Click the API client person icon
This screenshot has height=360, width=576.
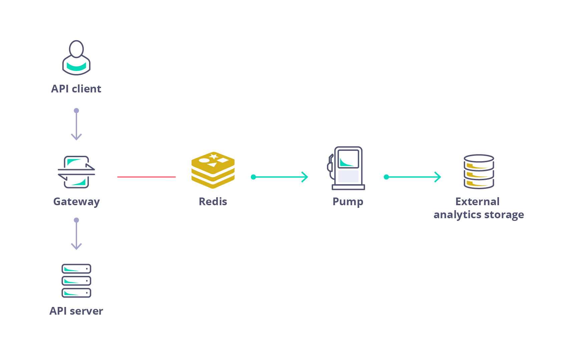pos(76,58)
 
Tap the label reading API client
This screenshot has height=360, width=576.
pos(76,89)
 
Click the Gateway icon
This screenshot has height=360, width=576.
pos(76,172)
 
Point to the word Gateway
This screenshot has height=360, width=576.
pos(76,202)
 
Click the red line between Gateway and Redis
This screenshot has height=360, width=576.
pos(146,177)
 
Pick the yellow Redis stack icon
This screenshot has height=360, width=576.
pos(213,170)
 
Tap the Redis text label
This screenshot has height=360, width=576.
pos(213,202)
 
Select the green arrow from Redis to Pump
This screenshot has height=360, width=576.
pos(280,177)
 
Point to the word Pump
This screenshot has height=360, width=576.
pos(348,202)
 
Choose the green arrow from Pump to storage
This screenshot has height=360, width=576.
pos(413,177)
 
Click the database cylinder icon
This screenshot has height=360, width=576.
pos(479,171)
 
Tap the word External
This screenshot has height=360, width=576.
pos(477,202)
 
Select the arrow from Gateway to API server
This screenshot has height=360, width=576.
pos(76,234)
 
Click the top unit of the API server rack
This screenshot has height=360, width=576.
pos(76,269)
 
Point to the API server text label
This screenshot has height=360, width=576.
pos(76,311)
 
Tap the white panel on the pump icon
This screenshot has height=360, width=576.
pos(348,176)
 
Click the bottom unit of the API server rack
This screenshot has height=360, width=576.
pos(76,293)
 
